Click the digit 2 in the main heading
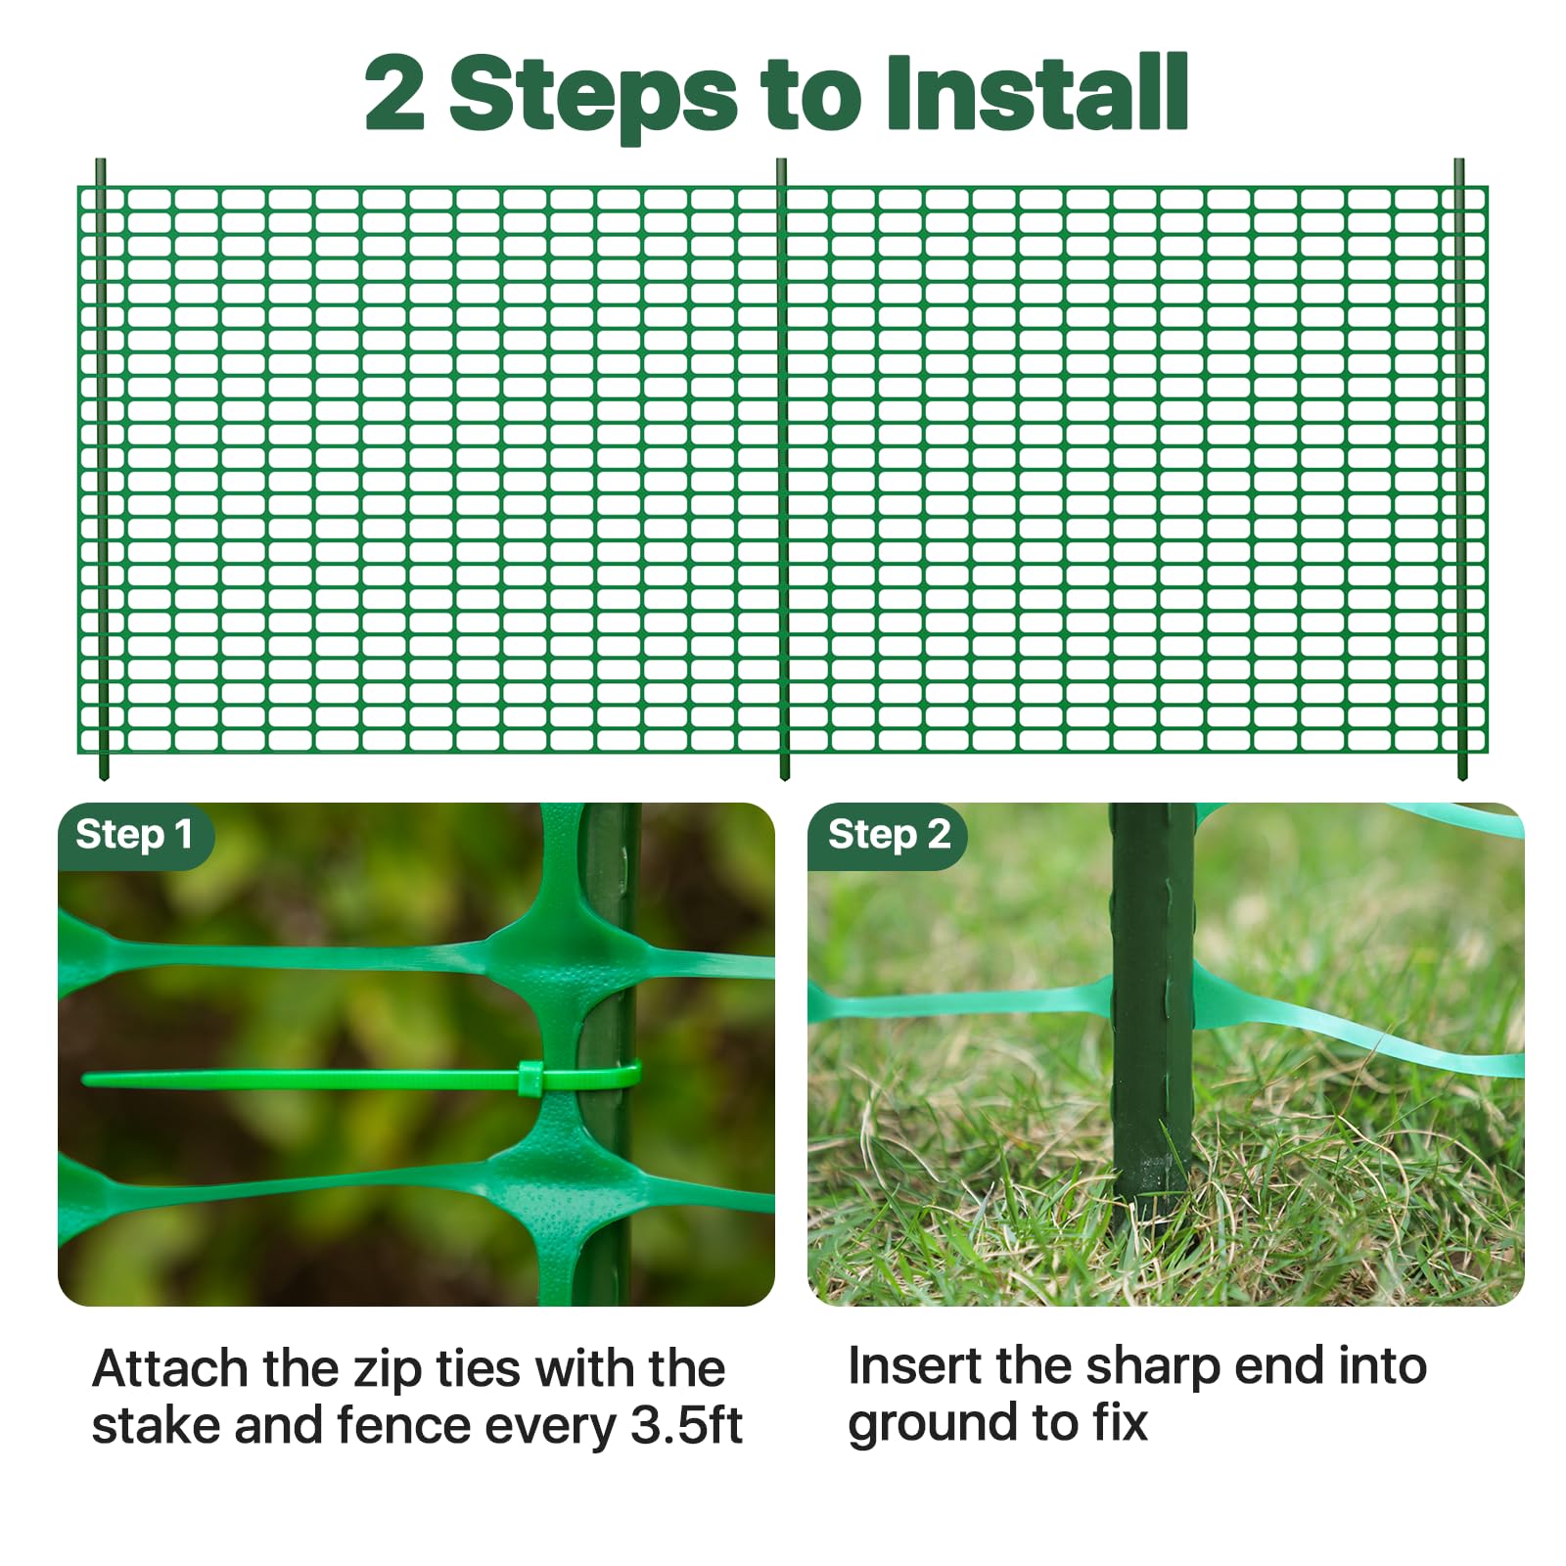tap(394, 93)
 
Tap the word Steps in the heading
tap(592, 96)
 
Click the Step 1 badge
tap(135, 836)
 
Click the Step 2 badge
tap(888, 836)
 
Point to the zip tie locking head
tap(530, 1078)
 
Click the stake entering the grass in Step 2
tap(1153, 1018)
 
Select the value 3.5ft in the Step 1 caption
tap(686, 1425)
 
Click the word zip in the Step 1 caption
tap(391, 1370)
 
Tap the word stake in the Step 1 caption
tap(157, 1425)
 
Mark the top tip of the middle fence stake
tap(781, 161)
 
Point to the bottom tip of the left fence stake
tap(104, 777)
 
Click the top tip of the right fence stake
tap(1459, 161)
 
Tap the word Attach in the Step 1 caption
tap(170, 1368)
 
